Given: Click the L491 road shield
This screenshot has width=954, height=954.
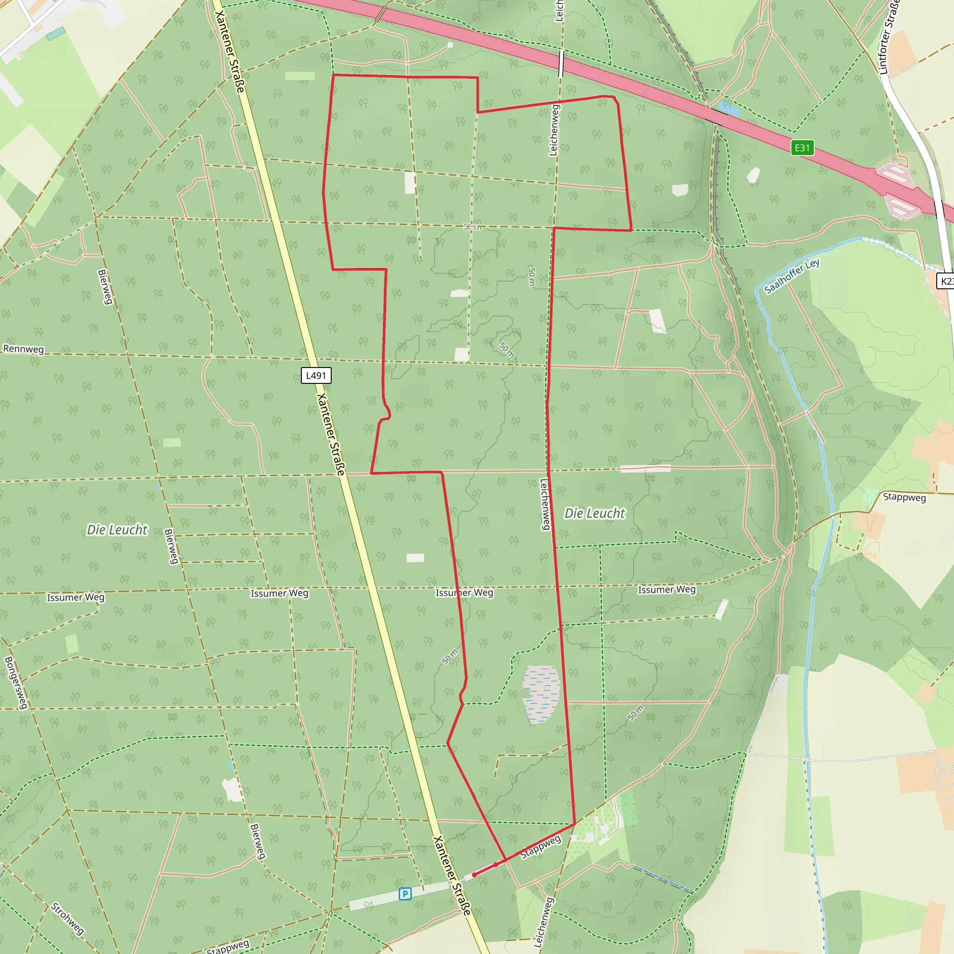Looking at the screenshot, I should (x=316, y=375).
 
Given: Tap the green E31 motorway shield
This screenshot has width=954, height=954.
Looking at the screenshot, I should (x=802, y=148).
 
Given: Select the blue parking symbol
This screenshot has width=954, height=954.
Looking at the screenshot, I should (x=405, y=894).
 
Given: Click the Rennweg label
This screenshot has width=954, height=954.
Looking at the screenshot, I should (x=23, y=348).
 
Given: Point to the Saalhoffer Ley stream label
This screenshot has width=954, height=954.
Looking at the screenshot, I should (x=791, y=276).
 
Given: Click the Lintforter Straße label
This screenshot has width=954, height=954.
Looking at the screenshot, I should (x=889, y=37).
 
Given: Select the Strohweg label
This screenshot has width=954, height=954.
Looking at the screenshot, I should (x=67, y=919).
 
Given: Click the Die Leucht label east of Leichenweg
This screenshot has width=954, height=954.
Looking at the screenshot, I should (x=594, y=513).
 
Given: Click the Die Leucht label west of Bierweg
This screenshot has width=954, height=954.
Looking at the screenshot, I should (x=117, y=530).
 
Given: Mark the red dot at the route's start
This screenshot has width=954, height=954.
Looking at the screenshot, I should (x=474, y=875).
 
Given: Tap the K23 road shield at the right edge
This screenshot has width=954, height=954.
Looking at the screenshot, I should (x=946, y=281).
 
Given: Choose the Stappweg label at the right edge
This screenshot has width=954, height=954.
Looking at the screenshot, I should (x=904, y=497).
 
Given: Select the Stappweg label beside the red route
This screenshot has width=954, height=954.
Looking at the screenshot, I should (x=541, y=847).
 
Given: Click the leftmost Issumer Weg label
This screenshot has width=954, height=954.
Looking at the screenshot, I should (x=75, y=598).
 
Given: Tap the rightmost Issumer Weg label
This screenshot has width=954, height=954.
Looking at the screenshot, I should (x=667, y=590).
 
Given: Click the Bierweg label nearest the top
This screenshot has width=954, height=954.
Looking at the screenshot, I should (x=105, y=287).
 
